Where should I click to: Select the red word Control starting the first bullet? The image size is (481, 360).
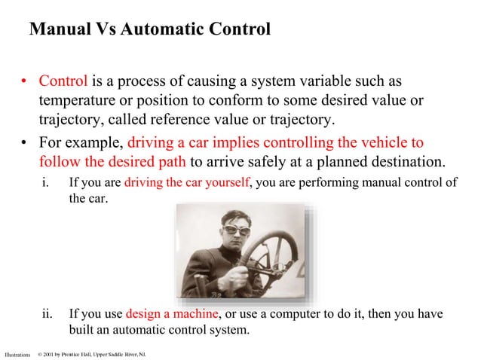[x=63, y=81]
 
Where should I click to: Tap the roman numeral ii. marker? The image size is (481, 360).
[x=47, y=313]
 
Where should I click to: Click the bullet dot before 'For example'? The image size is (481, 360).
[x=25, y=142]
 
